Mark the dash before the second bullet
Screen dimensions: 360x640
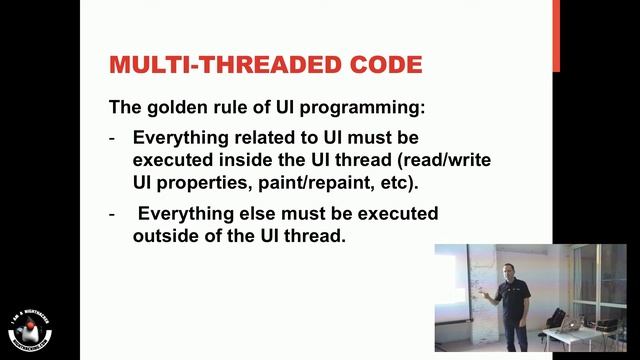tap(112, 214)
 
